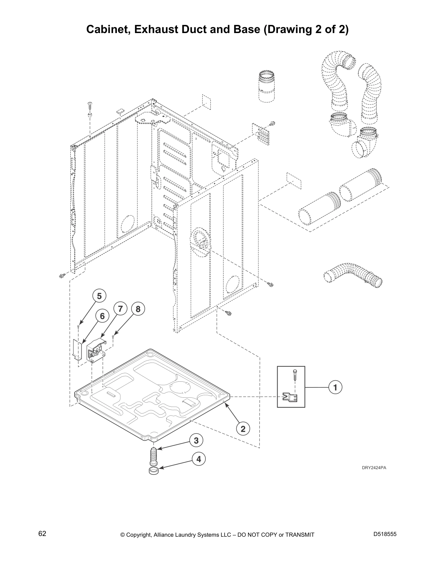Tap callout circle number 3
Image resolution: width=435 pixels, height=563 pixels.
[x=196, y=441]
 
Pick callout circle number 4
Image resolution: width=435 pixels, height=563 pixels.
[x=199, y=459]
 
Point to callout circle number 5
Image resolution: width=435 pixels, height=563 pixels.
[x=99, y=296]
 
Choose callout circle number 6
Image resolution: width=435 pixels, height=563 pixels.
[x=102, y=316]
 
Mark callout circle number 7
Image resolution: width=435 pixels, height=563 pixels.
[x=120, y=309]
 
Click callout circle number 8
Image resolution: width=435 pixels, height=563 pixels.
[x=138, y=309]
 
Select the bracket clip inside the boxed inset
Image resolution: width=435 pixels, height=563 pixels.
[x=290, y=397]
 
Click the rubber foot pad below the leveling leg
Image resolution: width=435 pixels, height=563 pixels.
[x=154, y=471]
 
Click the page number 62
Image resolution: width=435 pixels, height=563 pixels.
[x=42, y=534]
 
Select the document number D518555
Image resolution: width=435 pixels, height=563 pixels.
[x=385, y=534]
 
